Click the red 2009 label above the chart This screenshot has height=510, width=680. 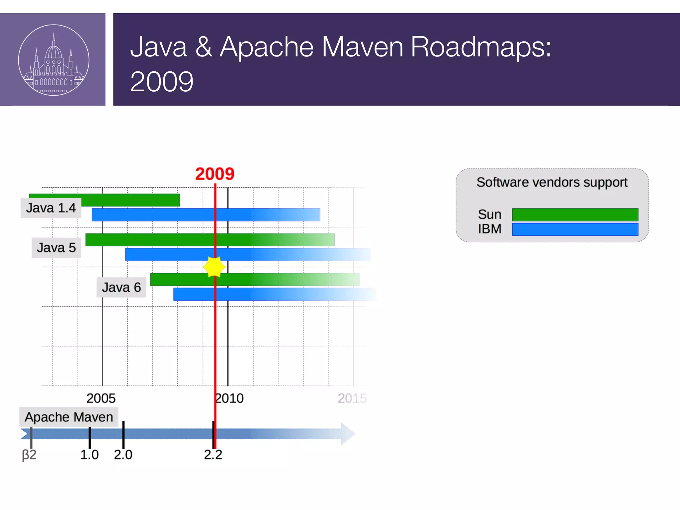(x=215, y=174)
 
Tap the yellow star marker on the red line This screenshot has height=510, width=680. (x=214, y=267)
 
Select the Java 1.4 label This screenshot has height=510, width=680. (x=51, y=208)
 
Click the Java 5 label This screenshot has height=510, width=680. (x=56, y=248)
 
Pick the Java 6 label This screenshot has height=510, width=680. (x=121, y=287)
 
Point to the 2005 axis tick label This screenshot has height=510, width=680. (x=101, y=398)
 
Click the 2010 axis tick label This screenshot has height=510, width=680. (x=230, y=398)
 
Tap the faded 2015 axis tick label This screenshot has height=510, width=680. (x=352, y=398)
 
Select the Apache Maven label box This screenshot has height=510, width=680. (x=69, y=417)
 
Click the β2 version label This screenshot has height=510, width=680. (x=29, y=455)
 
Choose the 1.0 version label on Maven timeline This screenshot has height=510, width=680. (x=89, y=455)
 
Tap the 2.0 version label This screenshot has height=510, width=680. (x=123, y=455)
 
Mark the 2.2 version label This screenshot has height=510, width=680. (x=213, y=455)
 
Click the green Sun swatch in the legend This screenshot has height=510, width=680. (x=575, y=214)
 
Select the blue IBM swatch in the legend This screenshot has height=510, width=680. (x=575, y=229)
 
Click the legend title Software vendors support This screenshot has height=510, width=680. (x=552, y=182)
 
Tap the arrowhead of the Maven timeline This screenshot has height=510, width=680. (x=348, y=434)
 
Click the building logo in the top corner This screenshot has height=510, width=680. (x=53, y=60)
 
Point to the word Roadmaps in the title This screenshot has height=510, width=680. (x=481, y=47)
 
